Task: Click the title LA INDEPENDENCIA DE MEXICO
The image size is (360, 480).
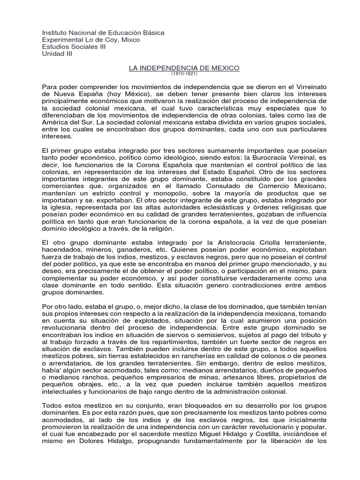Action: pyautogui.click(x=184, y=68)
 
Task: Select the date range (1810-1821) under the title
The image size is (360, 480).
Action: pyautogui.click(x=184, y=74)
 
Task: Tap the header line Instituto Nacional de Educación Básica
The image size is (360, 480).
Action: pyautogui.click(x=103, y=33)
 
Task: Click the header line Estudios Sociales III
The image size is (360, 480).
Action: pyautogui.click(x=74, y=47)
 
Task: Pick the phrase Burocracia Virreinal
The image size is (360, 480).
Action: pyautogui.click(x=282, y=157)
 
